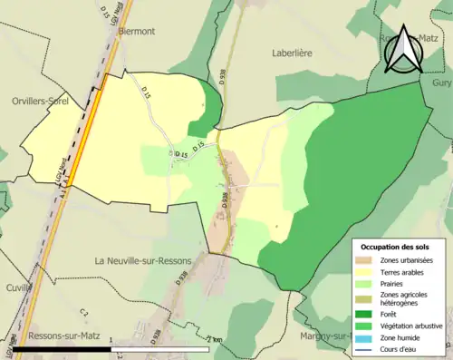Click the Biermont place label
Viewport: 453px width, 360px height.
(136, 31)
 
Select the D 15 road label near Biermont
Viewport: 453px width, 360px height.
(145, 92)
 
